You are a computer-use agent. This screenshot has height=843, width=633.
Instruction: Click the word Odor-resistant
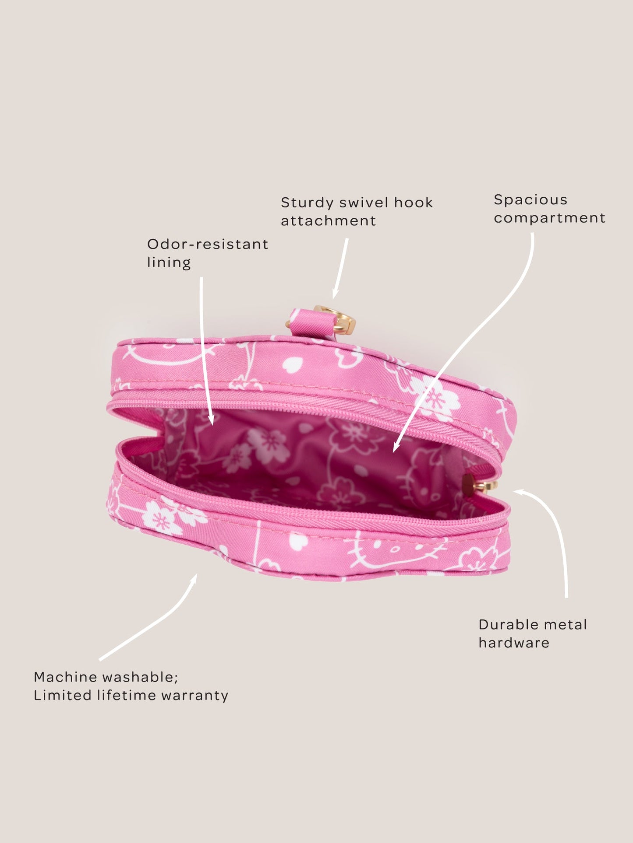pos(208,244)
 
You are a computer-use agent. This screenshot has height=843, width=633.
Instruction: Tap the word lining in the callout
pos(169,262)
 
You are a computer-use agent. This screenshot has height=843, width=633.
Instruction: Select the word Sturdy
pos(307,203)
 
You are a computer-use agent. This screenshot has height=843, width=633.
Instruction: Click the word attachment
pos(329,221)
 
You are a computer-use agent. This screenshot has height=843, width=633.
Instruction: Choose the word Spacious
pos(530,200)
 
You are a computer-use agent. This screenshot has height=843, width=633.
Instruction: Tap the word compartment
pos(550,218)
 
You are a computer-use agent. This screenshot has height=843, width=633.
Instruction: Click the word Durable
pos(508,624)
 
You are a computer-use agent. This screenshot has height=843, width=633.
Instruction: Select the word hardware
pos(514,643)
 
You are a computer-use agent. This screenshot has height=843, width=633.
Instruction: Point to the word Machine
pos(66,677)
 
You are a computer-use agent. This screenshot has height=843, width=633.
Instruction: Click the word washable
pos(141,677)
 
